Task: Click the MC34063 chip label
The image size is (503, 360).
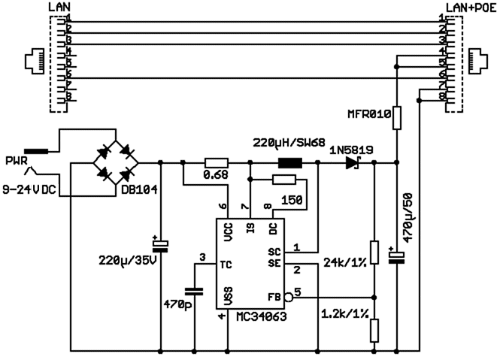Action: tap(250, 317)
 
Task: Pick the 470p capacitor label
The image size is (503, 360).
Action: tap(177, 306)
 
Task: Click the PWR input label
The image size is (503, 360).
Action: tap(17, 162)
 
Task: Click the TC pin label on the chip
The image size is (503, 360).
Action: tap(226, 265)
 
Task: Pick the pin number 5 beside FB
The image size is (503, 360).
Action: tap(297, 292)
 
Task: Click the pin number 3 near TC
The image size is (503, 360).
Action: tap(202, 258)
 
